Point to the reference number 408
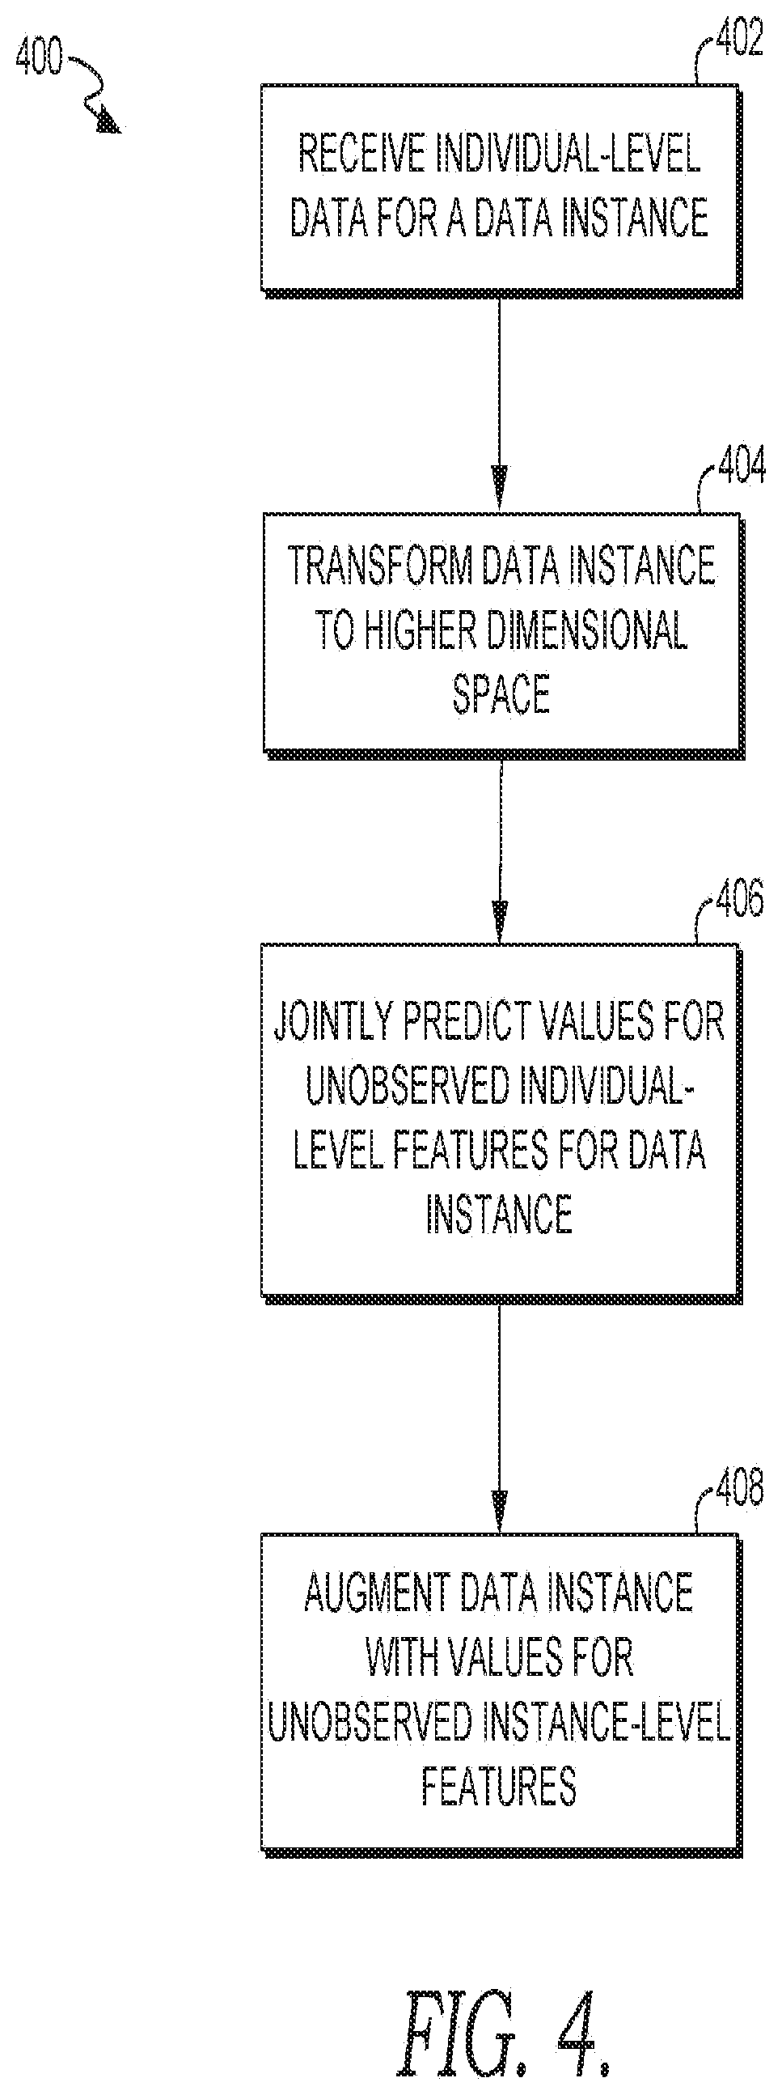[739, 1487]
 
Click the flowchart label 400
[39, 57]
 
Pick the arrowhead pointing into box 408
[500, 1509]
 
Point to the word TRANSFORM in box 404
[380, 567]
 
